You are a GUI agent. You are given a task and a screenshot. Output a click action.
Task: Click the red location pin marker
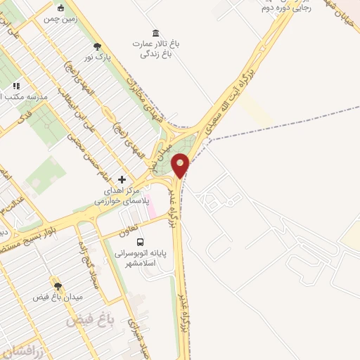[181, 165]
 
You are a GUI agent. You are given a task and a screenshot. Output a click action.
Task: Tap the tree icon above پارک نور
[97, 46]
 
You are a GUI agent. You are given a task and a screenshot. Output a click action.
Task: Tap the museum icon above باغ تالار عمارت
[155, 33]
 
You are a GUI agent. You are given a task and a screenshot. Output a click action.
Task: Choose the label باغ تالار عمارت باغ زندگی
[155, 48]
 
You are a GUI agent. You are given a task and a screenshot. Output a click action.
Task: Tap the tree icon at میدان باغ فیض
[57, 286]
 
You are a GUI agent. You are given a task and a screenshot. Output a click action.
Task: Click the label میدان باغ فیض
[58, 297]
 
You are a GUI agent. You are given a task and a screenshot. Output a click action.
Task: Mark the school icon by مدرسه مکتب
[16, 86]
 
